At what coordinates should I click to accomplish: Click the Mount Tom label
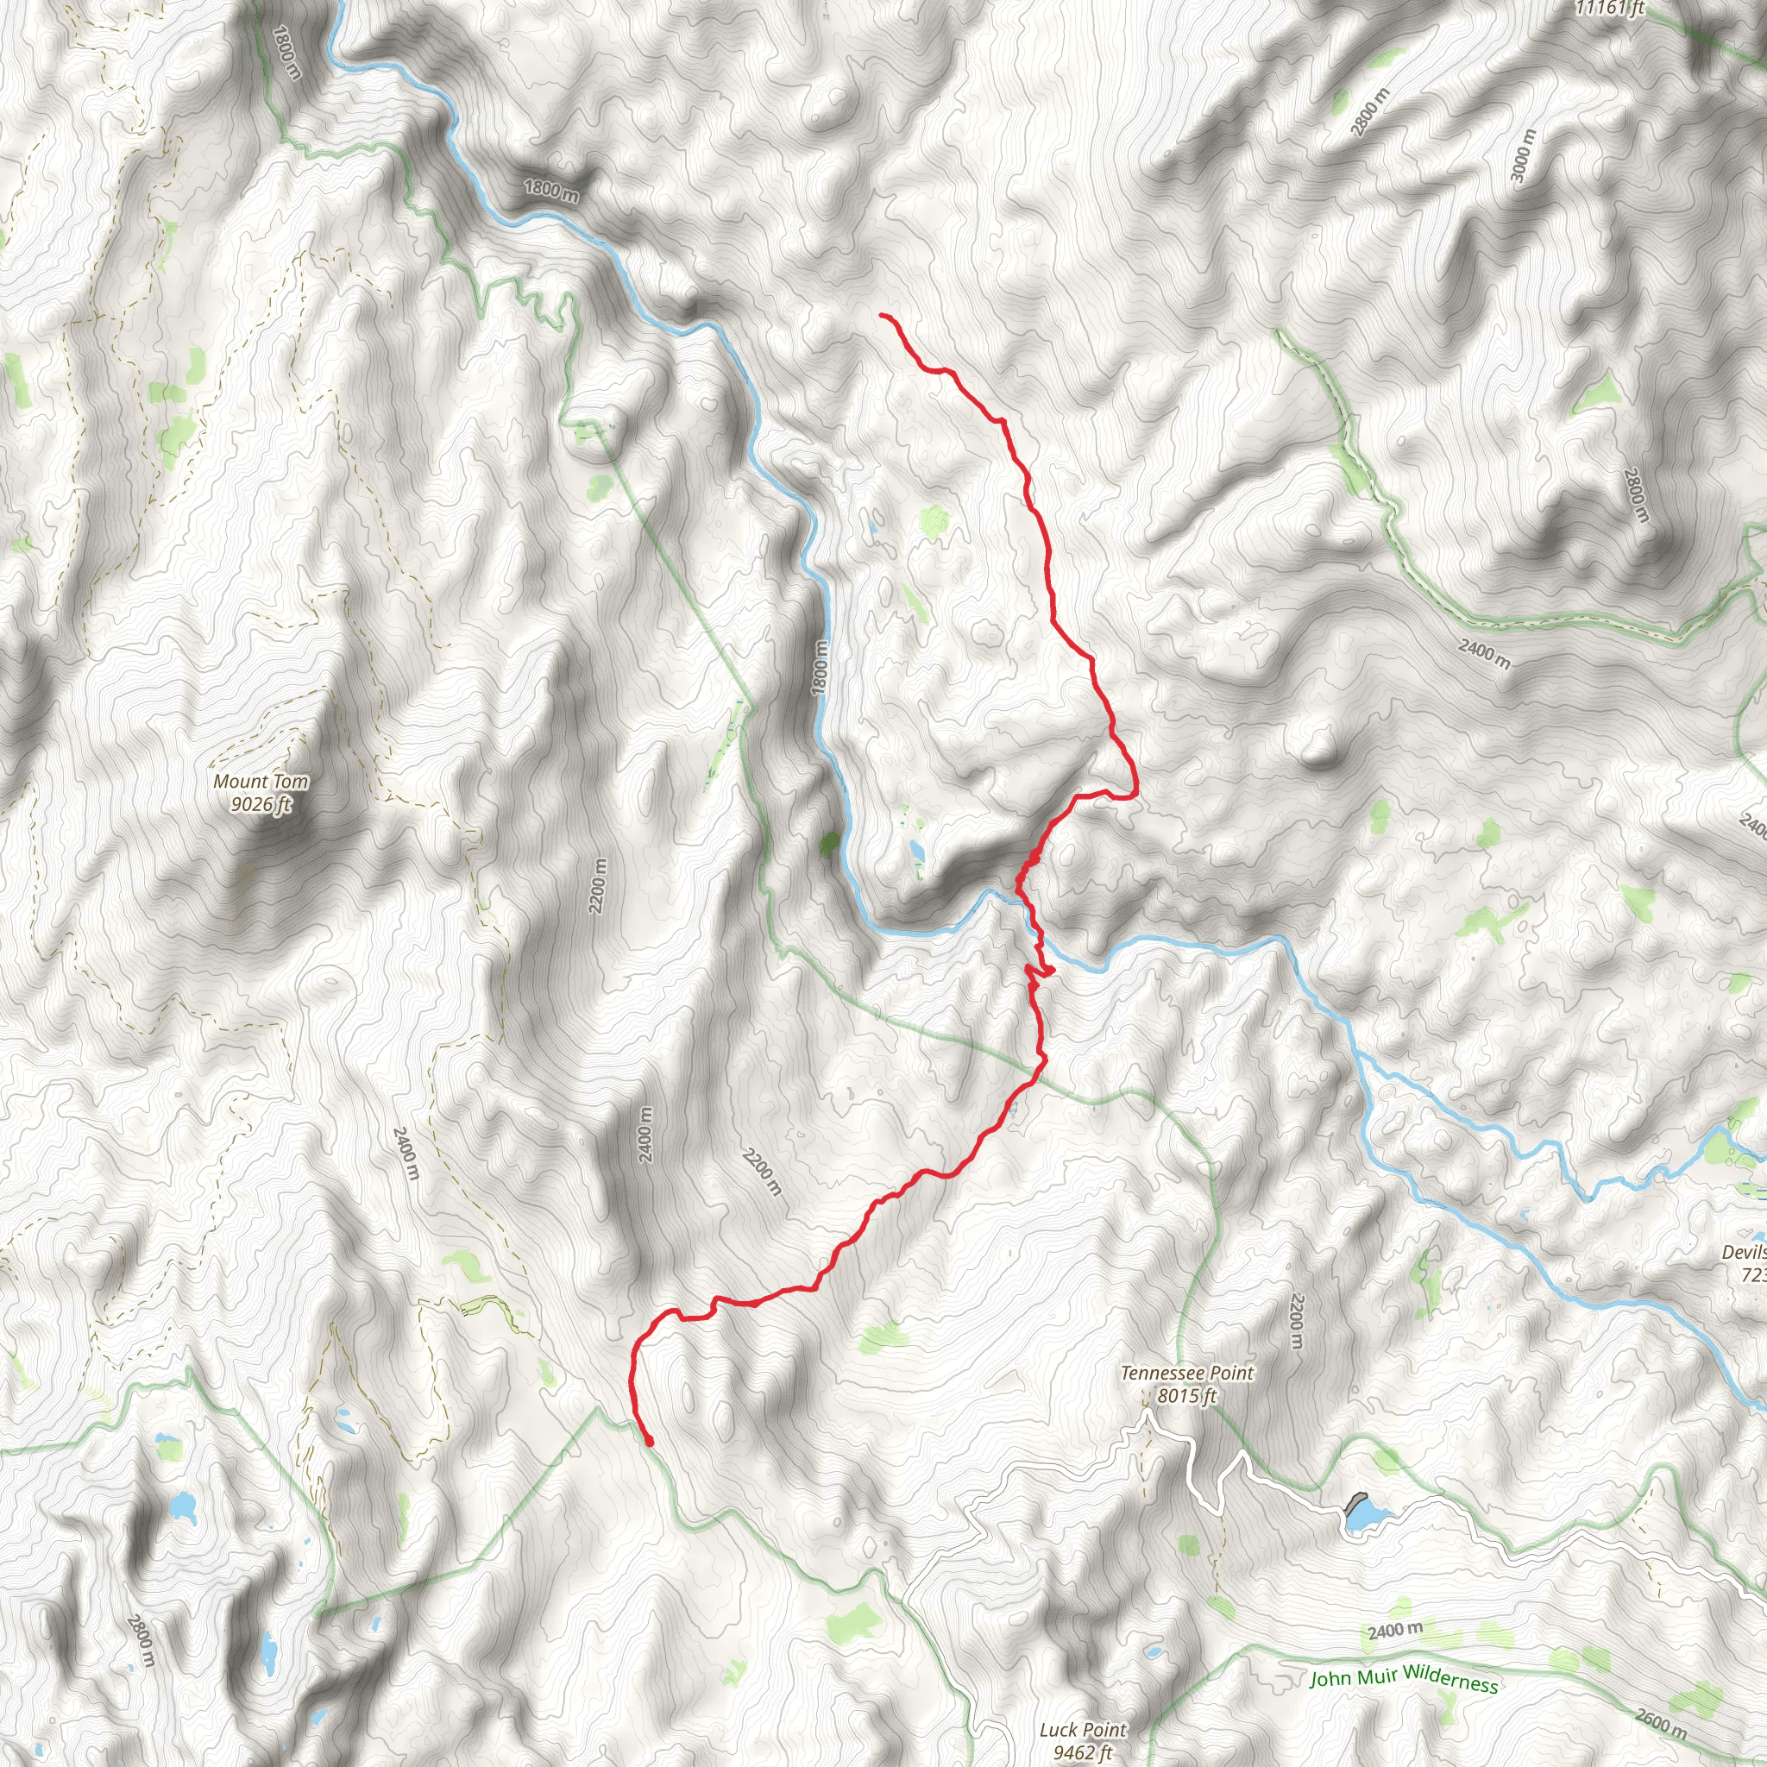pyautogui.click(x=261, y=782)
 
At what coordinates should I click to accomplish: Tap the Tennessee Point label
pyautogui.click(x=1186, y=1373)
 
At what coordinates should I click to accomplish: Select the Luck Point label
pyautogui.click(x=1083, y=1730)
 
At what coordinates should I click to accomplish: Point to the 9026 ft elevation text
pyautogui.click(x=261, y=805)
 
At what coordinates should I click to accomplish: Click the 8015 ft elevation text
pyautogui.click(x=1186, y=1396)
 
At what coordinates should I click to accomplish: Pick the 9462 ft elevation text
pyautogui.click(x=1083, y=1752)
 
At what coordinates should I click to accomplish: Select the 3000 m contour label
pyautogui.click(x=1523, y=155)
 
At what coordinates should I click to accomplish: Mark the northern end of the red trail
pyautogui.click(x=883, y=315)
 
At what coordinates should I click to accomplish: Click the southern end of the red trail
pyautogui.click(x=650, y=1443)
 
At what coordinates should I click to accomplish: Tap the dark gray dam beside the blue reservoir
pyautogui.click(x=1355, y=1503)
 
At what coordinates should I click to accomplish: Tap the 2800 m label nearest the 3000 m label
pyautogui.click(x=1369, y=111)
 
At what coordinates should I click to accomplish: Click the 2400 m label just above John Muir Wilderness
pyautogui.click(x=1395, y=1631)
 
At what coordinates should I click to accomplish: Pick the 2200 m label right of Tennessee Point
pyautogui.click(x=1295, y=1320)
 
